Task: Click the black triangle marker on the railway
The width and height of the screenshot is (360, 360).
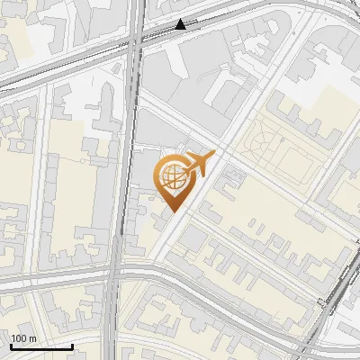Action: (x=181, y=25)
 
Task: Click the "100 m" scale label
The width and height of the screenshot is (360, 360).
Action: (x=23, y=338)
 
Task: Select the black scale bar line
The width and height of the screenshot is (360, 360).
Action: (x=41, y=346)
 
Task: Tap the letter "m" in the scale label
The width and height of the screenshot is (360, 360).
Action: (x=33, y=338)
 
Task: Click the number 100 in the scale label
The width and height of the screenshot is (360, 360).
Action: (x=19, y=338)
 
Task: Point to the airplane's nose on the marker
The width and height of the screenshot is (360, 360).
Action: (x=214, y=158)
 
